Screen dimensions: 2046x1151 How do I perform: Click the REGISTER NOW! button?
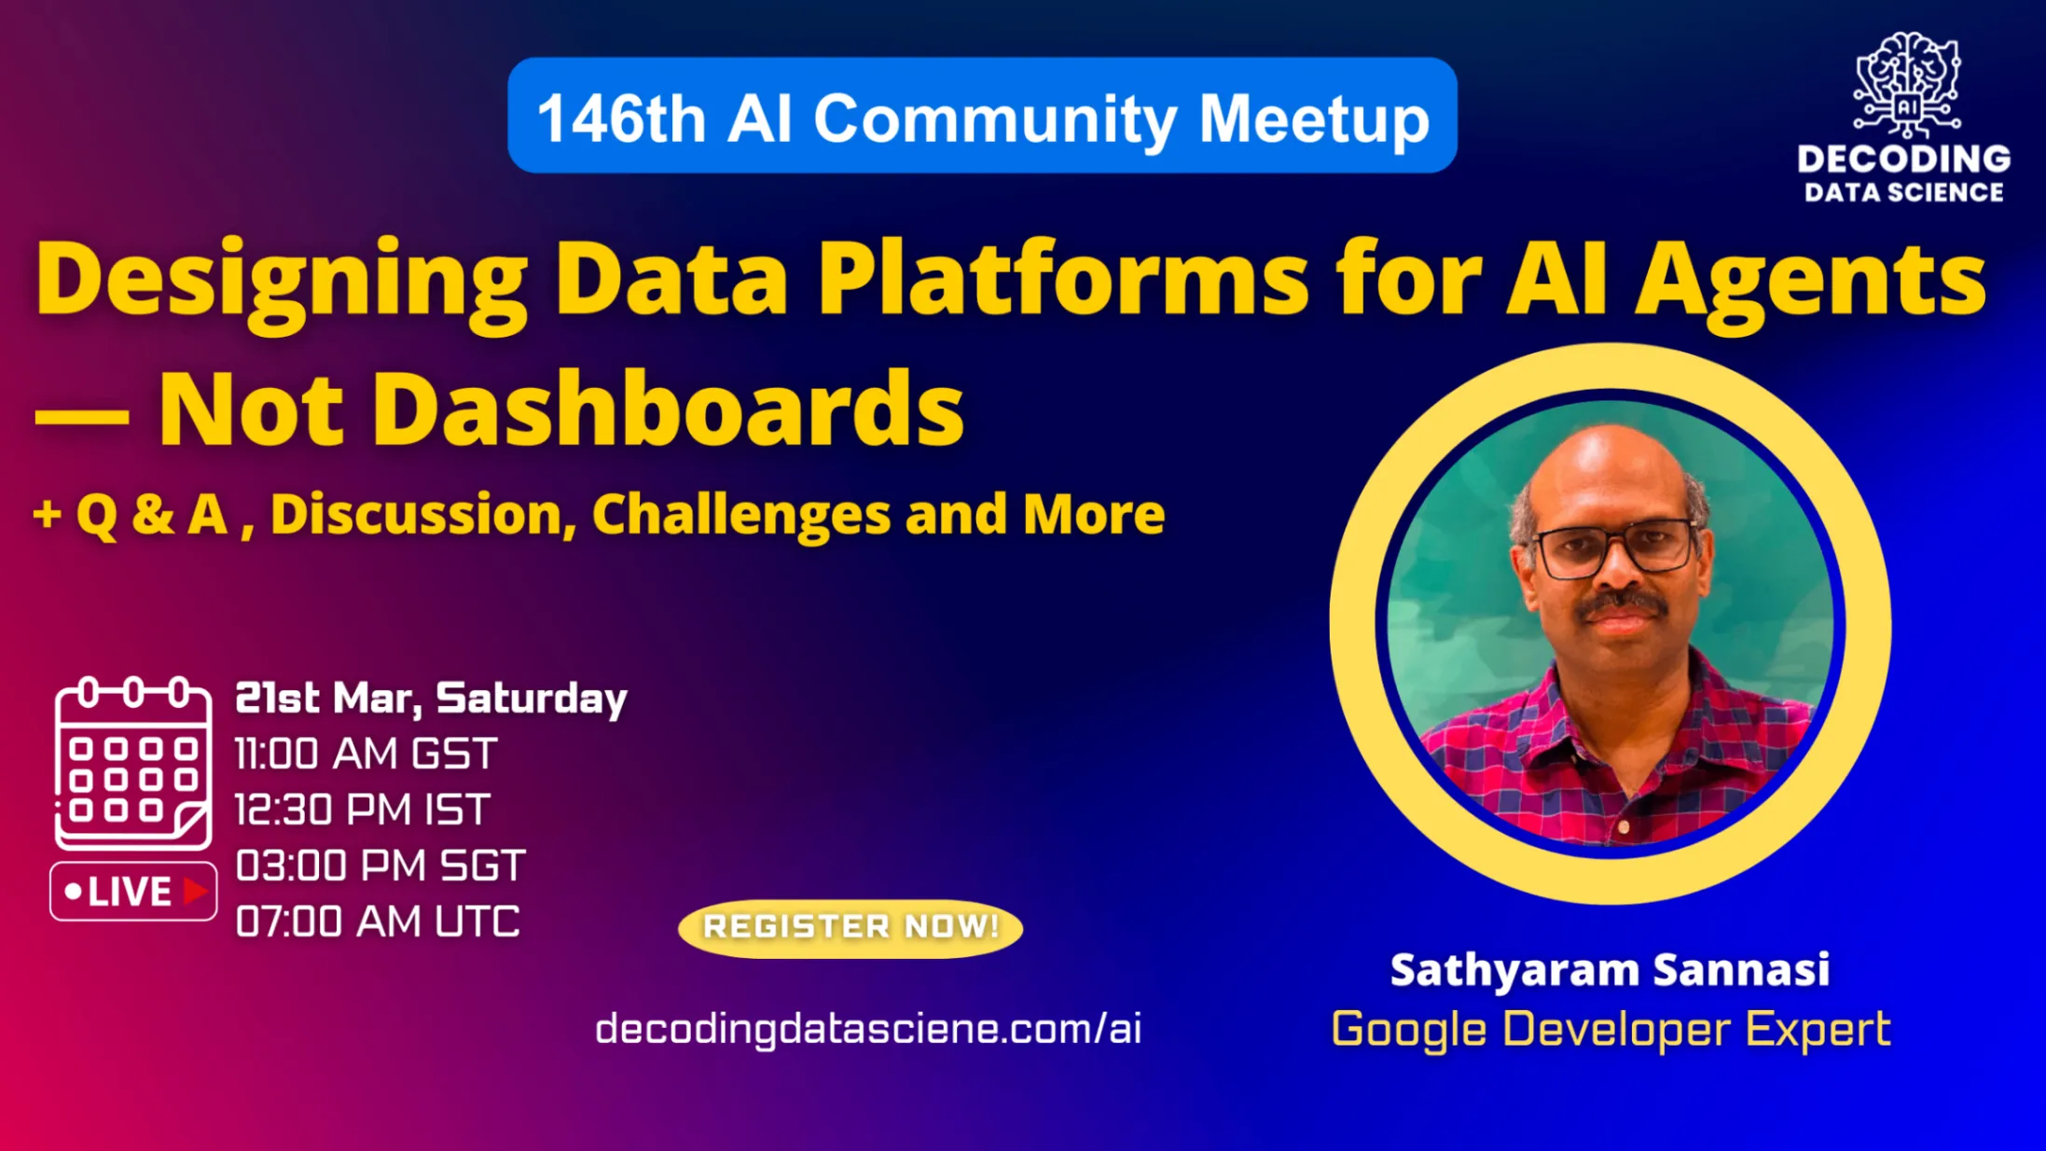850,927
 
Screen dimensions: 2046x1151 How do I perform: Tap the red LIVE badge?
133,892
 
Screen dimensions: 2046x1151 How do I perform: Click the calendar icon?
132,763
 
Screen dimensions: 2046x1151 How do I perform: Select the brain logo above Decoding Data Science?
1906,84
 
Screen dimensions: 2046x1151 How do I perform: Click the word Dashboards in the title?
669,409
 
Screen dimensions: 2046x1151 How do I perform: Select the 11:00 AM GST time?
366,754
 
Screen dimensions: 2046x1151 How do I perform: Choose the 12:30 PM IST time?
362,810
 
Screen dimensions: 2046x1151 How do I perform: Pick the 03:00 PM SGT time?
380,866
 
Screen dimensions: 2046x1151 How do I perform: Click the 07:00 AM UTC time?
377,922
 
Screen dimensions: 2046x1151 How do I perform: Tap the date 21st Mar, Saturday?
431,700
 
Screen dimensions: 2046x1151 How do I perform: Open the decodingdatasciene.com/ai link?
868,1029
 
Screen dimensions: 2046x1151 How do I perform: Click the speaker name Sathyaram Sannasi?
1610,970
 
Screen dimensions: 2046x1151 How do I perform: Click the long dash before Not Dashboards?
81,416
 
